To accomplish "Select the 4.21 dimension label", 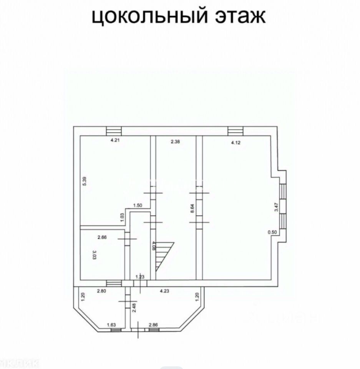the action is [x=115, y=141].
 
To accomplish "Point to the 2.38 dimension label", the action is [x=176, y=141].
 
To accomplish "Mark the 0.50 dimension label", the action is [x=272, y=232].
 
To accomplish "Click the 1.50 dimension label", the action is [x=138, y=206].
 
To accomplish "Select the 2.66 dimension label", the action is [x=102, y=237].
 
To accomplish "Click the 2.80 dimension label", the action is [x=101, y=291].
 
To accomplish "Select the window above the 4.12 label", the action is [x=235, y=131].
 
